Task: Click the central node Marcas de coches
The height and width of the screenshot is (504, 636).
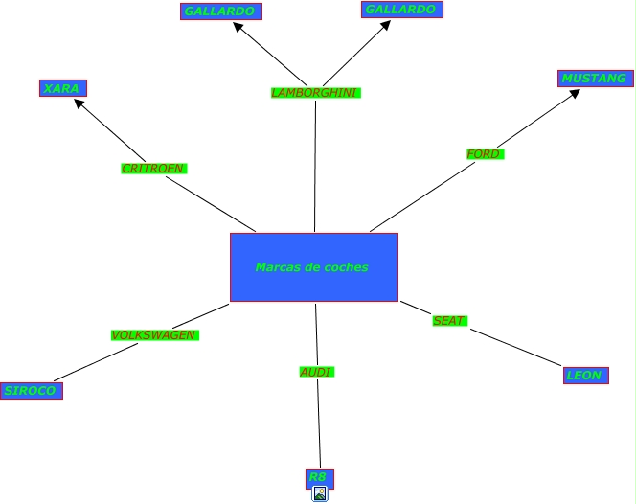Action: pos(313,267)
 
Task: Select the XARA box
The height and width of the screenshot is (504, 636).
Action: pos(62,88)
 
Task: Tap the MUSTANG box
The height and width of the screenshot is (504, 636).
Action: pos(594,79)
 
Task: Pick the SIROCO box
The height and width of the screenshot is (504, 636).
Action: pos(31,391)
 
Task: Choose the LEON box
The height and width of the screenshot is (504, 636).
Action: pos(585,376)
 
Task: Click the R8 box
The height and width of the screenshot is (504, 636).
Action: pos(319,477)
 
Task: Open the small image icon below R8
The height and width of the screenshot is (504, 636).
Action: pos(320,494)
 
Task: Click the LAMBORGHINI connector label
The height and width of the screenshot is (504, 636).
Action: pos(314,93)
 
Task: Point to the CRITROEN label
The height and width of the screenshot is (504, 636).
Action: pos(153,169)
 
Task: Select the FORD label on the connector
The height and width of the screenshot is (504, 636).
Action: pos(484,154)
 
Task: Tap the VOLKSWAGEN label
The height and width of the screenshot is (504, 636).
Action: pos(154,335)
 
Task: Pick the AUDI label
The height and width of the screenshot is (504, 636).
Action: pos(316,372)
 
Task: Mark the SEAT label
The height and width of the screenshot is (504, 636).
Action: pos(448,321)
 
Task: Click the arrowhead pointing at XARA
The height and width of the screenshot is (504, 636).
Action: pos(80,104)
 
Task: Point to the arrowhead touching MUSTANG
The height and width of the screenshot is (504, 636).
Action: pos(574,94)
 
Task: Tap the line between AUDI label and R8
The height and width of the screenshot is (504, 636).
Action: pos(319,422)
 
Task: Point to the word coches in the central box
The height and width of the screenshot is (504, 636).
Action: pos(346,267)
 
